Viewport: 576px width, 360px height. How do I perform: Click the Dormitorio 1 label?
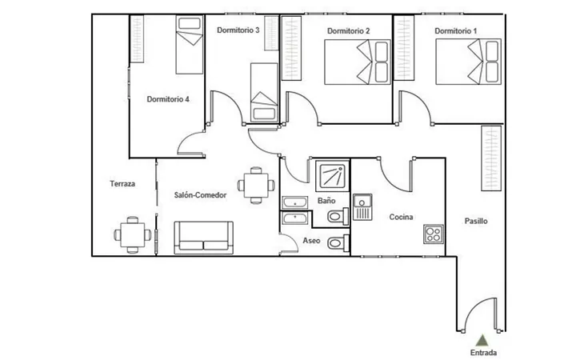click(455, 31)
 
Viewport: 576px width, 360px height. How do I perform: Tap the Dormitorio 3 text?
click(238, 30)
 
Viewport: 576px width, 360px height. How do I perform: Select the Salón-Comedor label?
click(200, 195)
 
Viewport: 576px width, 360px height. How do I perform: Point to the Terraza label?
click(122, 184)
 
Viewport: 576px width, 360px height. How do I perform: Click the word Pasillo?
click(476, 221)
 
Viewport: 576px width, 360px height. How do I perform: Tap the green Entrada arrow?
click(483, 340)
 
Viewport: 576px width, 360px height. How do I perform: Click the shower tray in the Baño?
click(333, 175)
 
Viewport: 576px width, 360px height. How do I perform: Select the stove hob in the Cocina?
click(434, 234)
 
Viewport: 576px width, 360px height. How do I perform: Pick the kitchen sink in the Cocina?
click(362, 207)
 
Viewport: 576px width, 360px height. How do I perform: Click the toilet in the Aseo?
click(338, 243)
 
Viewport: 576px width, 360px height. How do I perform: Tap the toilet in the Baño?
click(338, 216)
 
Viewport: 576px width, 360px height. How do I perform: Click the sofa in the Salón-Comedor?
click(203, 238)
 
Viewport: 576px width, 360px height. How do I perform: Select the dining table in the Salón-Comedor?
click(256, 186)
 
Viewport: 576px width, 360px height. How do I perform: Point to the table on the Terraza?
click(133, 235)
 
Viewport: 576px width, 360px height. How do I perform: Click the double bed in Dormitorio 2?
click(358, 62)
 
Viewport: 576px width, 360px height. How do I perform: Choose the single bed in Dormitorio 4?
click(190, 45)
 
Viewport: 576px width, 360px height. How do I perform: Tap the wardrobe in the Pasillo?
click(491, 158)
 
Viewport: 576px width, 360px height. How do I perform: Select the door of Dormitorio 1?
click(415, 104)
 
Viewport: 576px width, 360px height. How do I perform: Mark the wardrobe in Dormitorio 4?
click(137, 38)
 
